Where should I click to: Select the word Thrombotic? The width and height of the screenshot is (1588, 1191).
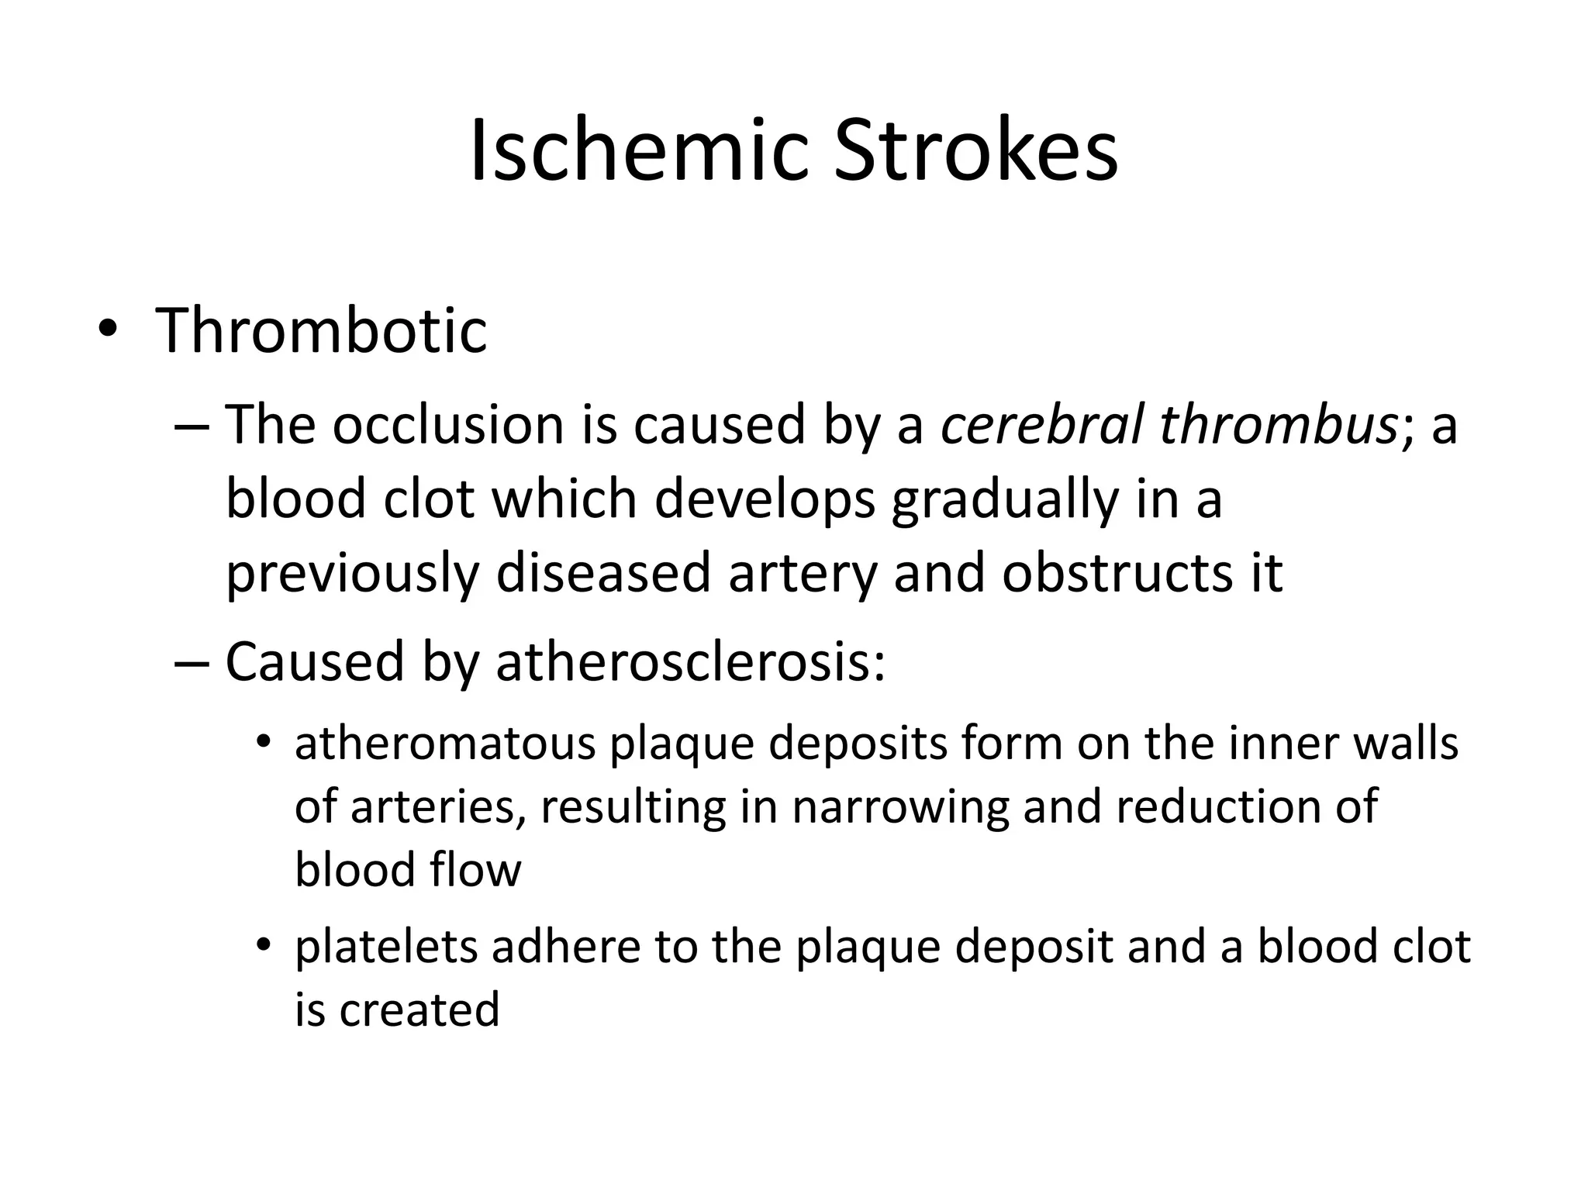(x=321, y=330)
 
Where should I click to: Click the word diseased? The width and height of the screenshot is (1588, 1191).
(x=602, y=573)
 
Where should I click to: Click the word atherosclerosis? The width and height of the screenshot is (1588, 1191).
(x=690, y=662)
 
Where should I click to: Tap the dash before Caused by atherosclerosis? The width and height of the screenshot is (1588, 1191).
(x=191, y=664)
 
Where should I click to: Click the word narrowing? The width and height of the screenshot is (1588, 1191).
(x=900, y=806)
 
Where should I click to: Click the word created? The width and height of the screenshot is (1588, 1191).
(x=419, y=1010)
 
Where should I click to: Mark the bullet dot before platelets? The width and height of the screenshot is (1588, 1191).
(x=264, y=945)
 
